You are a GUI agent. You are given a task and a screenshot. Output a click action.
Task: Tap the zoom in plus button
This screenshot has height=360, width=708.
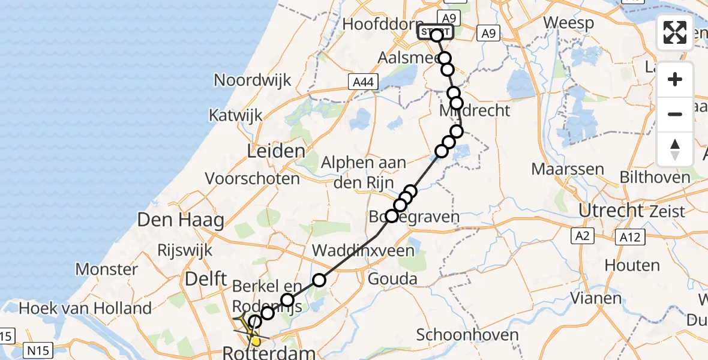pyautogui.click(x=675, y=80)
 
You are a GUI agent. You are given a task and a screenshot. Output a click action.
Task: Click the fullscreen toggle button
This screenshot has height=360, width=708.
pyautogui.click(x=675, y=32)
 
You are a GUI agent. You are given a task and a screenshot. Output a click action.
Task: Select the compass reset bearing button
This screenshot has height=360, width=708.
pyautogui.click(x=675, y=149)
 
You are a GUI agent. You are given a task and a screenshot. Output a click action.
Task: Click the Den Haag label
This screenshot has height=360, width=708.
pyautogui.click(x=181, y=220)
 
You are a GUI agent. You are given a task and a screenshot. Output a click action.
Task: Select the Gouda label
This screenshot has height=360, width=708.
pyautogui.click(x=392, y=278)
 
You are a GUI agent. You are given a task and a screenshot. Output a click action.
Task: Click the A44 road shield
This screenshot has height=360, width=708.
pyautogui.click(x=363, y=82)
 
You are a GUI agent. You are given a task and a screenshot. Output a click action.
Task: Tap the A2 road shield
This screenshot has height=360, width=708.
pyautogui.click(x=581, y=236)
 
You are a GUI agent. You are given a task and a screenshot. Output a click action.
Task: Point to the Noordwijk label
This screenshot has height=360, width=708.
pyautogui.click(x=253, y=80)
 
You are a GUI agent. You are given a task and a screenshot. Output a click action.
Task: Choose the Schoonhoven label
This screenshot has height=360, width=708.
pyautogui.click(x=468, y=334)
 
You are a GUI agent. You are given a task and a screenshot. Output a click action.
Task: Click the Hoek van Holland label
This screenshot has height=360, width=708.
pyautogui.click(x=85, y=309)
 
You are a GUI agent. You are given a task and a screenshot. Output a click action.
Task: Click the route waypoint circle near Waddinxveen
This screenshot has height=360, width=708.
pyautogui.click(x=319, y=280)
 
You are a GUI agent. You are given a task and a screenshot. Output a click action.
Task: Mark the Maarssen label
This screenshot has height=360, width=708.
pyautogui.click(x=568, y=169)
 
